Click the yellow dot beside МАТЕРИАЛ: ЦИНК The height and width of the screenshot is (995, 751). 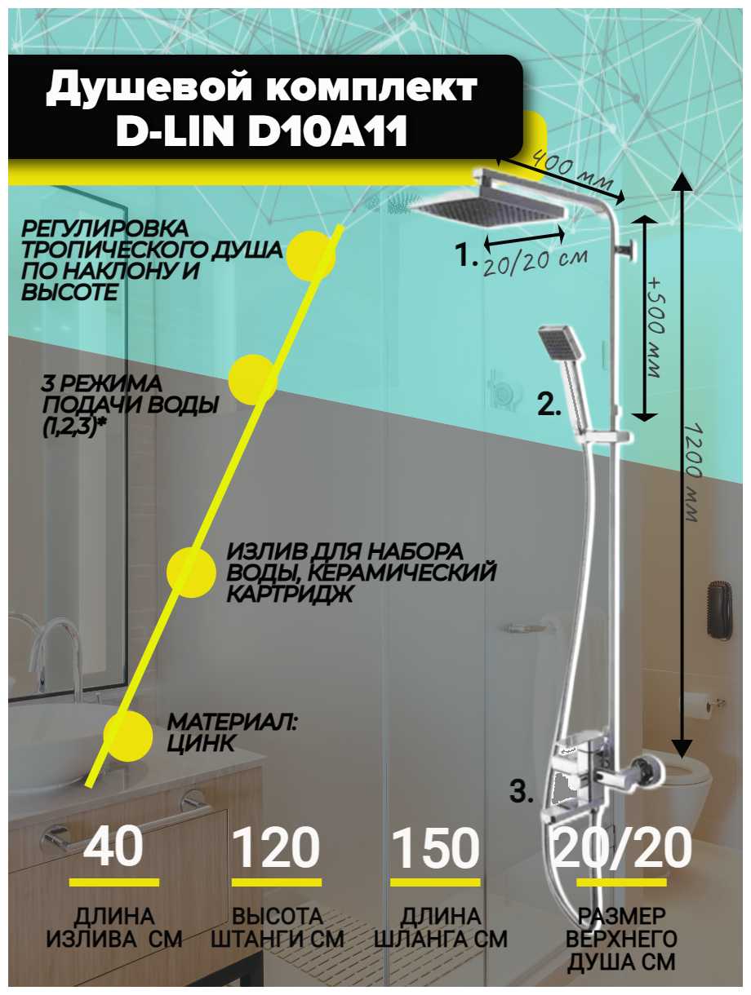click(x=128, y=734)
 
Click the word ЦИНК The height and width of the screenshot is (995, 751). click(x=201, y=743)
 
